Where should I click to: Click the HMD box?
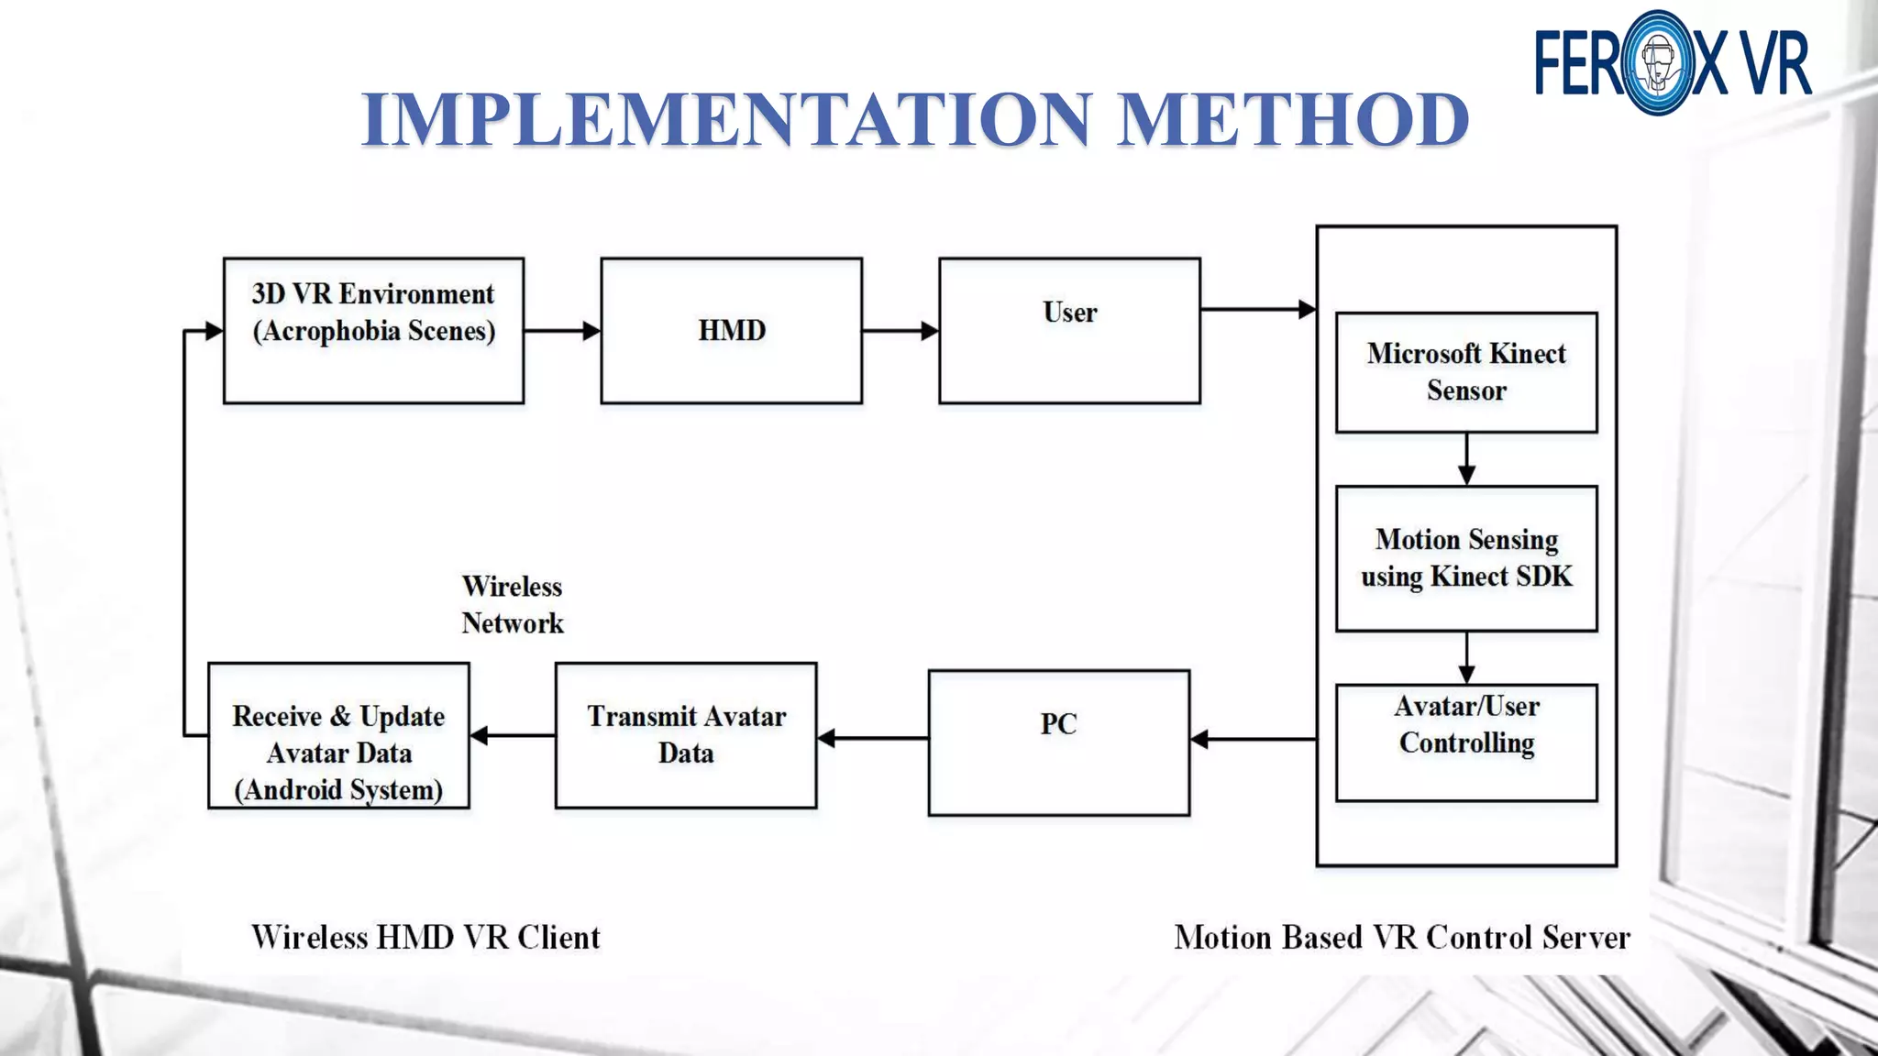click(x=731, y=330)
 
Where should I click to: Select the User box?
click(x=1069, y=330)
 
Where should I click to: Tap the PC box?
click(x=1058, y=742)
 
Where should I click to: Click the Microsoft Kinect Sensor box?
click(x=1466, y=372)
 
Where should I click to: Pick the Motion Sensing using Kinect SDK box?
click(x=1466, y=558)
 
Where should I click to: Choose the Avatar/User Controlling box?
click(x=1466, y=742)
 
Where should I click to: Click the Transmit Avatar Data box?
click(x=686, y=735)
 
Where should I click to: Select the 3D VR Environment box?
click(x=373, y=330)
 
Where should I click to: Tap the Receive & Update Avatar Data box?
click(x=338, y=735)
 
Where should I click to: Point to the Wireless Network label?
click(x=512, y=605)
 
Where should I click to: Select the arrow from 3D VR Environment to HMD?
click(x=562, y=331)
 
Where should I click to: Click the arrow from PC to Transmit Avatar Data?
click(x=872, y=738)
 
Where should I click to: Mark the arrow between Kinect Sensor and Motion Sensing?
click(x=1466, y=459)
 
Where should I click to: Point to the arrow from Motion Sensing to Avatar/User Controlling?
click(x=1466, y=657)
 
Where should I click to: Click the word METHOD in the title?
click(x=1293, y=119)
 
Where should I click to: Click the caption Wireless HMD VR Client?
click(x=425, y=937)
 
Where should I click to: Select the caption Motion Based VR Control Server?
click(x=1402, y=937)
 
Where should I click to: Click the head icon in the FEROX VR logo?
click(x=1657, y=62)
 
